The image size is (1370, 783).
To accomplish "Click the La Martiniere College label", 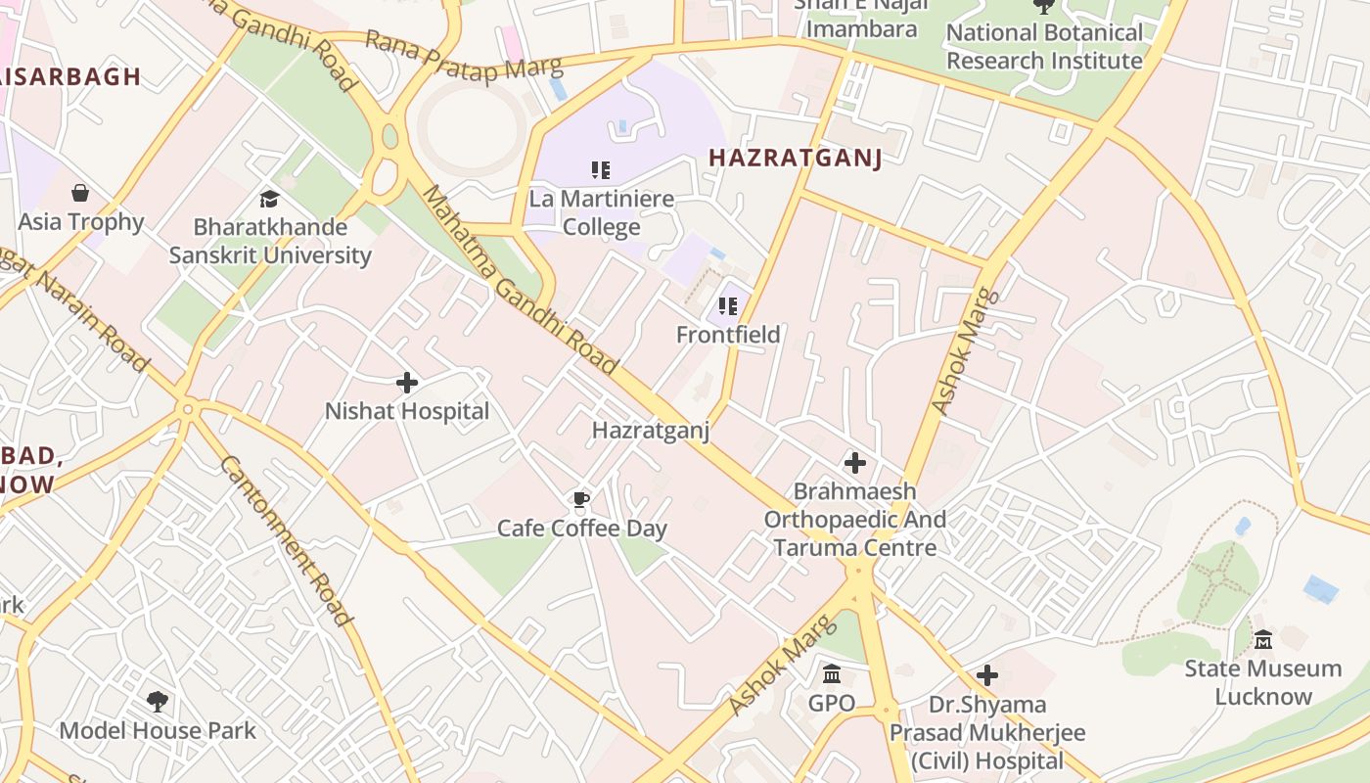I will coord(601,213).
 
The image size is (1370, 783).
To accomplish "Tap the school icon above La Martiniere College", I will coord(601,170).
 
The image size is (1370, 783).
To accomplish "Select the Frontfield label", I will coord(728,335).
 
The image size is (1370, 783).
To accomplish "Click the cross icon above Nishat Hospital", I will coord(407,383).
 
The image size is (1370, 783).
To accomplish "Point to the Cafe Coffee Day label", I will coord(582,529).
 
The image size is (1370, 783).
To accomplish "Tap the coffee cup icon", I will coord(581,501).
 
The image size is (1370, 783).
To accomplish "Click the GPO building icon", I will coord(832,674).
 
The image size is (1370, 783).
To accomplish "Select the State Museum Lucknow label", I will coord(1262,683).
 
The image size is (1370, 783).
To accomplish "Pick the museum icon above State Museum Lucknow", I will coord(1262,640).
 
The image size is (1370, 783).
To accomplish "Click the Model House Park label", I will coord(158,730).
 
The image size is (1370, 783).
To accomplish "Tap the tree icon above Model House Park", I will coord(157,702).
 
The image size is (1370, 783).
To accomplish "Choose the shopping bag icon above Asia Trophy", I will coord(80,193).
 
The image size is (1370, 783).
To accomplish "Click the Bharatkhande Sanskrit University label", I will coord(270,242).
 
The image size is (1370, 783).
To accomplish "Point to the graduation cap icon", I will coord(269,200).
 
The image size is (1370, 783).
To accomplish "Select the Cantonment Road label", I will coord(284,539).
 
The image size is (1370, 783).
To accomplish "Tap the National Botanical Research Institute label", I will coord(1044,47).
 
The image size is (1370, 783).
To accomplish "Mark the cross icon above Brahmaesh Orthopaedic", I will coord(855,462).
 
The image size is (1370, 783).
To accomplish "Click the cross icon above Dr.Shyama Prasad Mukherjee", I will coord(987,675).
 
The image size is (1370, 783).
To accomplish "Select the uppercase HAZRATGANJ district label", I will coord(795,158).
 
